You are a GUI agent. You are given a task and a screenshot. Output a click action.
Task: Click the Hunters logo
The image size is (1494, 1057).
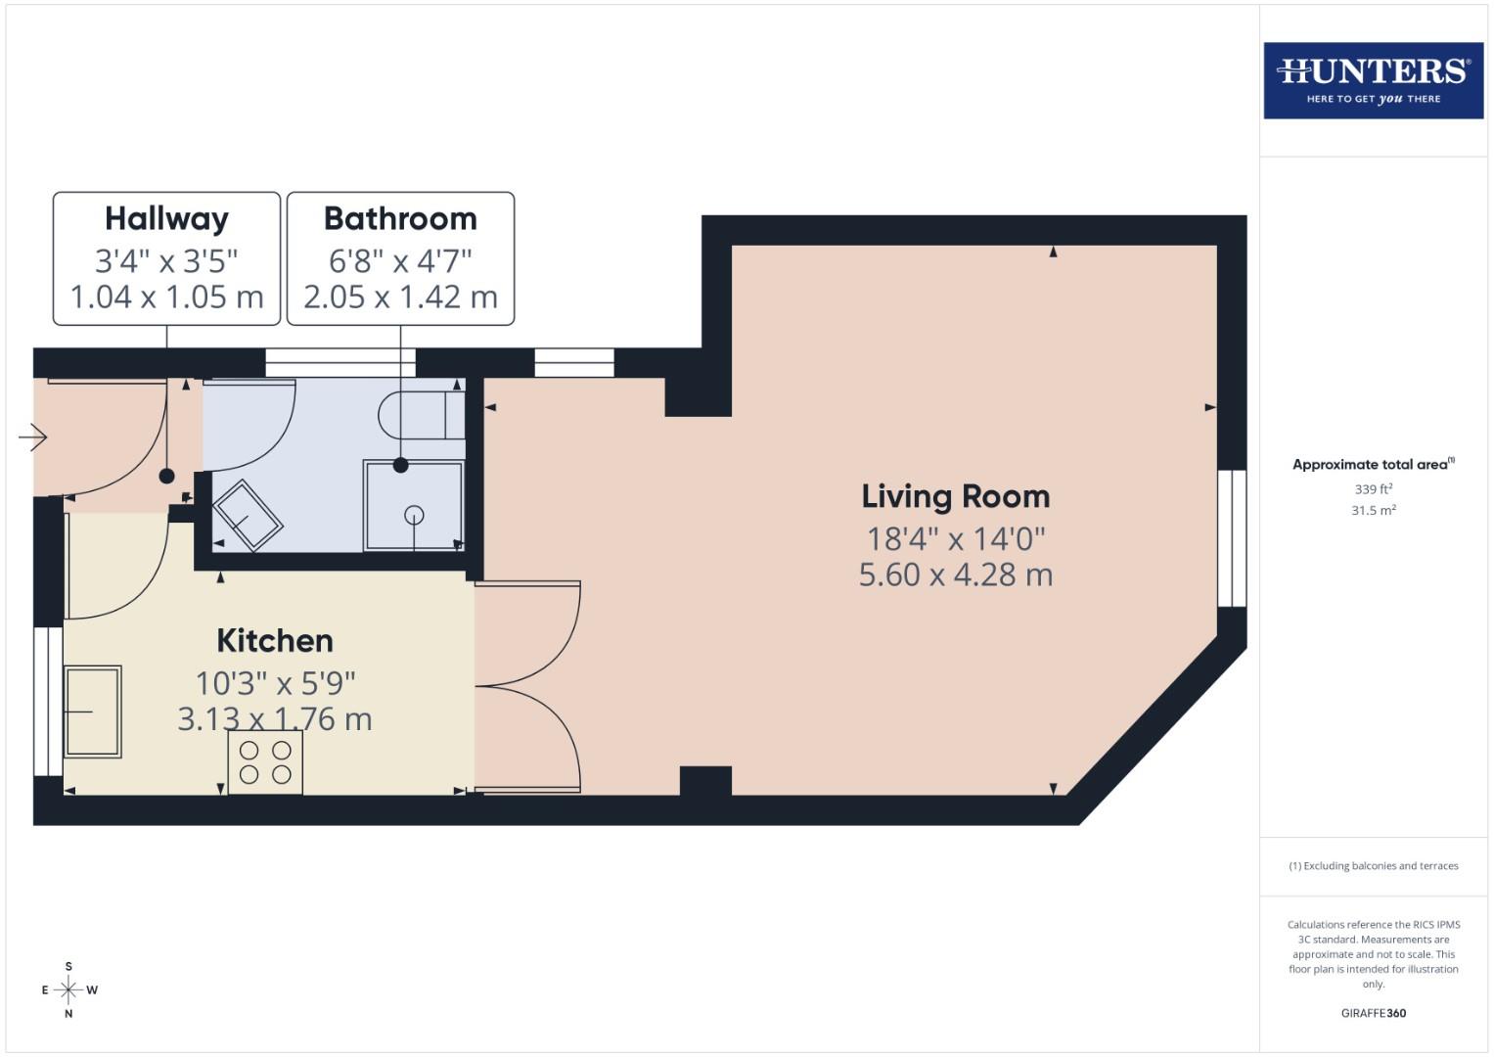click(1373, 80)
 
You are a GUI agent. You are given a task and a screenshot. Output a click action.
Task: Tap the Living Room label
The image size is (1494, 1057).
click(955, 496)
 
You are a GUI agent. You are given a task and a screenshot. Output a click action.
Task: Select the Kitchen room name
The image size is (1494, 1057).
click(275, 640)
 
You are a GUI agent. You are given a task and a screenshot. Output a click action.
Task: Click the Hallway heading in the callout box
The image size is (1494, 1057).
click(166, 218)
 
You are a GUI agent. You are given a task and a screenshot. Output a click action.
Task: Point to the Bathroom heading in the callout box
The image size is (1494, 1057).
click(400, 218)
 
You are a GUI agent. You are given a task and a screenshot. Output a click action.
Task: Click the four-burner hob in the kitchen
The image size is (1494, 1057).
click(265, 762)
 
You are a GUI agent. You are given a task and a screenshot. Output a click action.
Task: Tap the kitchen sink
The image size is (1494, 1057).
click(93, 712)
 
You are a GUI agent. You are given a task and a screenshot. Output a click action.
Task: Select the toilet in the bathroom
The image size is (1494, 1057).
click(421, 415)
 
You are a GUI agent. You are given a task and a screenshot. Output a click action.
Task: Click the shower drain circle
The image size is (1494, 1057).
click(414, 515)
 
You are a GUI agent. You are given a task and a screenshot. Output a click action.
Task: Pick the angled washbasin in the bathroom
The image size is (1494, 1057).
click(248, 515)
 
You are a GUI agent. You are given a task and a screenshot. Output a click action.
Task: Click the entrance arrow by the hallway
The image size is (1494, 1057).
click(32, 437)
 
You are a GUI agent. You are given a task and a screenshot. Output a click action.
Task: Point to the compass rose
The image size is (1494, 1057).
click(68, 989)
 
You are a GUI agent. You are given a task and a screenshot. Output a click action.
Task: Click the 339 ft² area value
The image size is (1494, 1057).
click(1373, 488)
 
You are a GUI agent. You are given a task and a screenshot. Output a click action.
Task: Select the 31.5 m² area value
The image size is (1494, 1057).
click(1373, 510)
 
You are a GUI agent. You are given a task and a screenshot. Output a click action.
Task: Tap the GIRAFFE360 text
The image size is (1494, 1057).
click(1373, 1013)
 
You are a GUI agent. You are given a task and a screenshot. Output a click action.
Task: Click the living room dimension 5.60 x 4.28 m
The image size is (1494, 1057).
click(955, 574)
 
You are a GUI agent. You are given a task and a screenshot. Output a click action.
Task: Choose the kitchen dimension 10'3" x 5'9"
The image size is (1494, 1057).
click(275, 682)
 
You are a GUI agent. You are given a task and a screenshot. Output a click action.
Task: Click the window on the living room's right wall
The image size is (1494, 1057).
click(1232, 538)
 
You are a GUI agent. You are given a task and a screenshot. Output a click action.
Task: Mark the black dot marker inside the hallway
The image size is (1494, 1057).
click(166, 476)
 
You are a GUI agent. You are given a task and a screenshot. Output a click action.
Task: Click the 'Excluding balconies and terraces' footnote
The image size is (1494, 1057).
click(1373, 866)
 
